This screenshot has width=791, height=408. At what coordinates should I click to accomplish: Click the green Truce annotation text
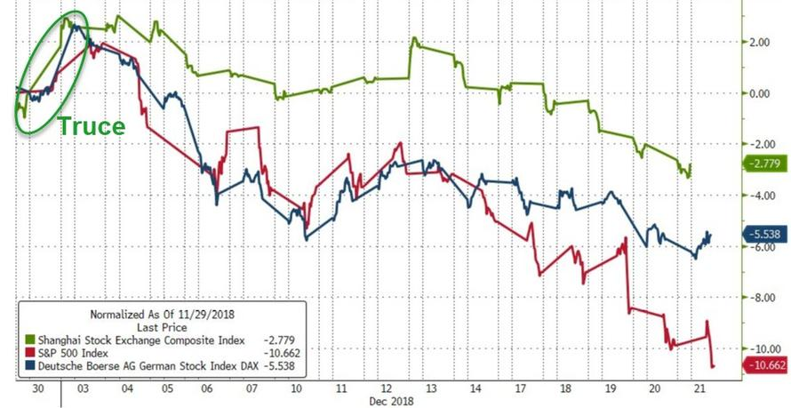[x=92, y=127]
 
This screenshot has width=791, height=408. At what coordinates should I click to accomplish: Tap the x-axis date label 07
[x=252, y=389]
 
